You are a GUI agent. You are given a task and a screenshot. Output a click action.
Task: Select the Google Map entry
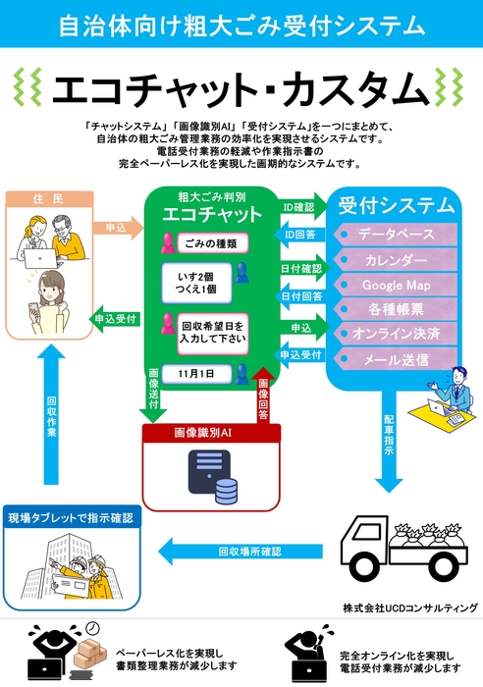coord(396,286)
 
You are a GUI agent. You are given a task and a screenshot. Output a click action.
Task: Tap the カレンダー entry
coord(396,261)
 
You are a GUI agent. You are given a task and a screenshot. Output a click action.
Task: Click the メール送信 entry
coord(396,359)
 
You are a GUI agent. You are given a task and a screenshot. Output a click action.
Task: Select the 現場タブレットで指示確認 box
coord(70,516)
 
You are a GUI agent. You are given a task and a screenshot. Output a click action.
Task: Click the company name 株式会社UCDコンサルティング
coord(409,608)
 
